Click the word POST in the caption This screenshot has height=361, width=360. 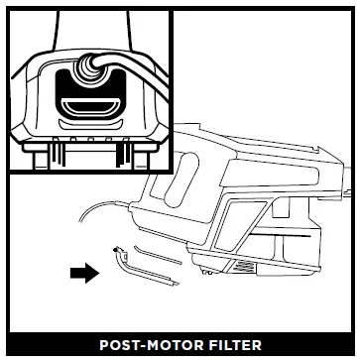click(x=120, y=346)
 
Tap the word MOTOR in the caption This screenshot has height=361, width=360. click(x=180, y=346)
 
